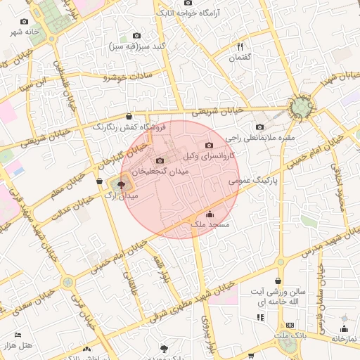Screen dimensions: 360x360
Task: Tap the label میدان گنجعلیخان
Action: [x=161, y=171]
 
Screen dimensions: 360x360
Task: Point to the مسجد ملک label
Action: [x=210, y=224]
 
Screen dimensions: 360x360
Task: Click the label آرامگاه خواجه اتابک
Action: [x=188, y=13]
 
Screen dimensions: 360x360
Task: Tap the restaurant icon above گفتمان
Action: [x=240, y=46]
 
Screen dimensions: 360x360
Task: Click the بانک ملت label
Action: [x=290, y=337]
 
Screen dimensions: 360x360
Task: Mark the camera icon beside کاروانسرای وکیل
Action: [x=209, y=146]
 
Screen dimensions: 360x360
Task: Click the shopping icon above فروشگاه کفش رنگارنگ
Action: [x=129, y=117]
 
